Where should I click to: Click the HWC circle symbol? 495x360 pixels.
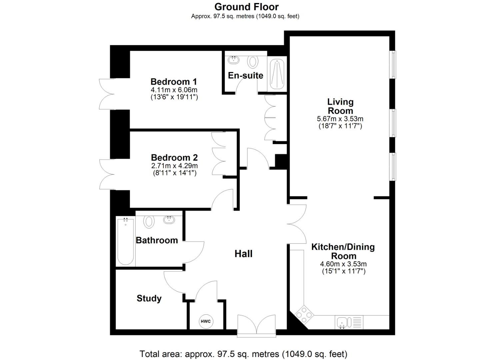click(206, 321)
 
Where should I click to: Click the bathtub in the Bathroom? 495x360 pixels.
click(126, 241)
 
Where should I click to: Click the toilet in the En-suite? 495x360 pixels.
click(253, 62)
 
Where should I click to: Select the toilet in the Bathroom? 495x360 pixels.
click(149, 221)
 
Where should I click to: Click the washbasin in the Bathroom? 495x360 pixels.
click(169, 220)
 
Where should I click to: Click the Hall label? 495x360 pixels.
click(243, 254)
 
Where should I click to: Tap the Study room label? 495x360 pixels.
click(149, 298)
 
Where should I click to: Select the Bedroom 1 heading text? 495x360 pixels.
click(174, 82)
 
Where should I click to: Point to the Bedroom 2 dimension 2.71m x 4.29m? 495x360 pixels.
click(174, 166)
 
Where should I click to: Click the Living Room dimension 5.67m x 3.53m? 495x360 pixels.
click(340, 119)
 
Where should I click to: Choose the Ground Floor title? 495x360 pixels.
click(246, 7)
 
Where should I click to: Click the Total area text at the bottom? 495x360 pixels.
click(243, 354)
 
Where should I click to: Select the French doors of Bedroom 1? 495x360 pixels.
click(107, 94)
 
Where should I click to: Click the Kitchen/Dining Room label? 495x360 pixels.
click(343, 251)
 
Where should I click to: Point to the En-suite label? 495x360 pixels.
click(245, 76)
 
